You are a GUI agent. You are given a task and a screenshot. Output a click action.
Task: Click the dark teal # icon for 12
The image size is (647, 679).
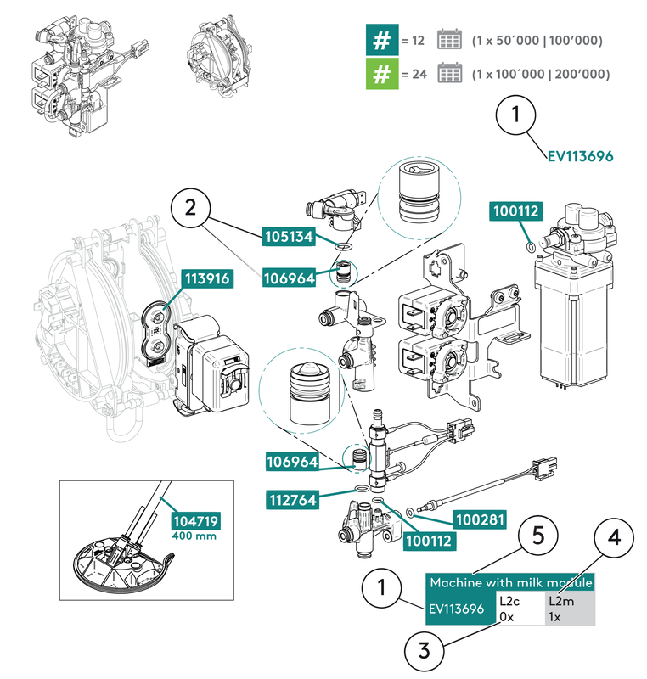pyautogui.click(x=382, y=40)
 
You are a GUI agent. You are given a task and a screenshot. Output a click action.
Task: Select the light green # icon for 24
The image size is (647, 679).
pyautogui.click(x=382, y=74)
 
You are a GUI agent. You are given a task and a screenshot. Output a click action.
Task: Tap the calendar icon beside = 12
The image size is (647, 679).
pyautogui.click(x=449, y=40)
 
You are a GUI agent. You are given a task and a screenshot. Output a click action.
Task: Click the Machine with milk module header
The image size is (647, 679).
pyautogui.click(x=509, y=582)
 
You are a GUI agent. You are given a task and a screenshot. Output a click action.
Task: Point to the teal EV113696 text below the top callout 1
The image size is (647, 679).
pyautogui.click(x=579, y=156)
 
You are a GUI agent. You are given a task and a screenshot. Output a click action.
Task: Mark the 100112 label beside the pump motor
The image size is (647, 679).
pyautogui.click(x=514, y=213)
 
